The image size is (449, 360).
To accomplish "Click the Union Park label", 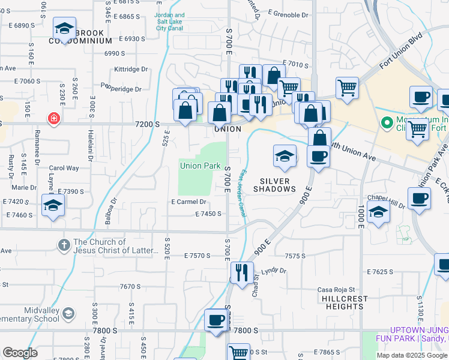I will tap(200, 166).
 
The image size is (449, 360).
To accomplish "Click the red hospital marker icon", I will tap(55, 119).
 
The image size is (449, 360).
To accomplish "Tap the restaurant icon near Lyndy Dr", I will tap(242, 273).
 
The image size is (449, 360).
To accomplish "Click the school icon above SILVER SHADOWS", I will tap(285, 157).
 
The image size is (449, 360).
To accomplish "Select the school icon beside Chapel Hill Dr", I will tap(378, 213).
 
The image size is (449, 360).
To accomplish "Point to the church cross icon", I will tap(65, 244).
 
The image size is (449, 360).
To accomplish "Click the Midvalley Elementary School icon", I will tap(69, 313).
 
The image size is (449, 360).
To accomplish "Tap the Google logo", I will tap(19, 353).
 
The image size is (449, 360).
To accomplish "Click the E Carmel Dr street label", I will tap(188, 202).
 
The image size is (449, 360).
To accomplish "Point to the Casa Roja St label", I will tap(337, 289).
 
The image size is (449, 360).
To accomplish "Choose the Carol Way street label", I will tap(64, 169).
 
